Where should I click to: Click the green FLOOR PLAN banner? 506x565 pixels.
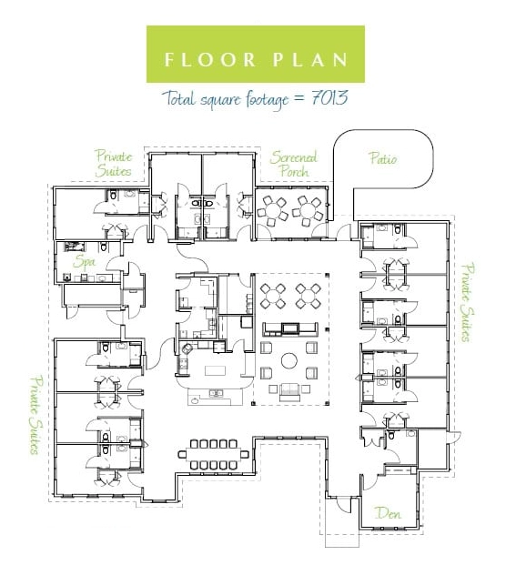pyautogui.click(x=255, y=54)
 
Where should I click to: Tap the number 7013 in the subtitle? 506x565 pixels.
pyautogui.click(x=329, y=98)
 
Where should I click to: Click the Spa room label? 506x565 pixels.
pyautogui.click(x=84, y=262)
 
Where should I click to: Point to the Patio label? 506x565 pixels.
pyautogui.click(x=383, y=158)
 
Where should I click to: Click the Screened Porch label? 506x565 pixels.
pyautogui.click(x=294, y=164)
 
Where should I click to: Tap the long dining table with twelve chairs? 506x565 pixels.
pyautogui.click(x=213, y=454)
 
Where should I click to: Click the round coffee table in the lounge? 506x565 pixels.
pyautogui.click(x=288, y=360)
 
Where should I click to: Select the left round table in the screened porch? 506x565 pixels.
pyautogui.click(x=273, y=210)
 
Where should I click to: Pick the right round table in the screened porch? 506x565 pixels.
pyautogui.click(x=308, y=210)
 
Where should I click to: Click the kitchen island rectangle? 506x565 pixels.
pyautogui.click(x=216, y=370)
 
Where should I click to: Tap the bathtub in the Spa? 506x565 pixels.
pyautogui.click(x=76, y=247)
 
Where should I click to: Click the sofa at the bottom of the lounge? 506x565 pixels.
pyautogui.click(x=289, y=392)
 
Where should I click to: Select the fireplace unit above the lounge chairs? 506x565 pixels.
pyautogui.click(x=290, y=329)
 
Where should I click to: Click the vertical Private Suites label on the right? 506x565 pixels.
pyautogui.click(x=469, y=303)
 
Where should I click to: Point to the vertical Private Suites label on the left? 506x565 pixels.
pyautogui.click(x=35, y=415)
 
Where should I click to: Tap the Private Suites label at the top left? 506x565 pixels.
pyautogui.click(x=114, y=164)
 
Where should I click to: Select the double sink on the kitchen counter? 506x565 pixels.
pyautogui.click(x=216, y=393)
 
